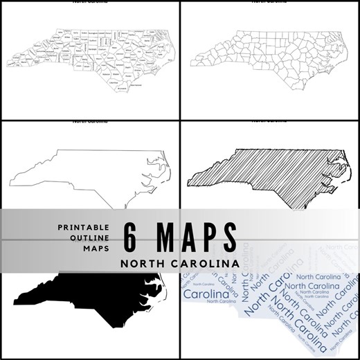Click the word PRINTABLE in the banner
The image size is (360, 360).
[x=84, y=227]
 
